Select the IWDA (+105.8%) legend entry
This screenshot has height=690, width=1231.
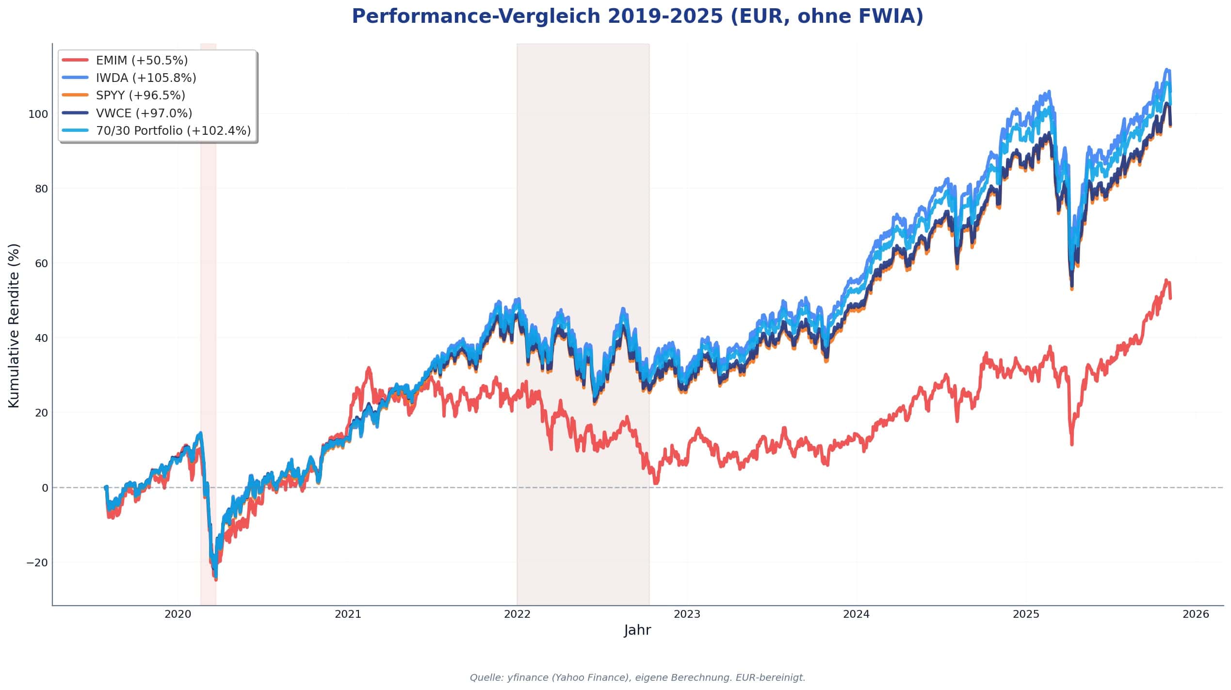tap(146, 78)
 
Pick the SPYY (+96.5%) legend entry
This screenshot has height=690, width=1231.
tap(140, 95)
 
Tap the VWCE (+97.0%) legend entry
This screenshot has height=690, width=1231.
tap(144, 113)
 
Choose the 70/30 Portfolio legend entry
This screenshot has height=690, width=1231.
tap(173, 130)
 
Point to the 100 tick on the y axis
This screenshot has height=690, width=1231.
tap(38, 114)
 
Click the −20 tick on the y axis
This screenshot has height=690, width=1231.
tap(37, 562)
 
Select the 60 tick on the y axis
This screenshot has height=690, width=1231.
tap(41, 263)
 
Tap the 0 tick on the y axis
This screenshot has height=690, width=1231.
tap(45, 488)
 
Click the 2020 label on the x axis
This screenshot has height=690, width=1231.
tap(178, 614)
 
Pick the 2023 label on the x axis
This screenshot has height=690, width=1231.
tap(687, 614)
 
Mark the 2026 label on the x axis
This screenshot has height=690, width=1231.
tap(1196, 614)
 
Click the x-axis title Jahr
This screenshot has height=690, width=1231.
tap(637, 630)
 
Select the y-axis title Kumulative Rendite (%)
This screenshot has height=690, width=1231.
tap(14, 325)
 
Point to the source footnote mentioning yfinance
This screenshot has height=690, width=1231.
tap(637, 677)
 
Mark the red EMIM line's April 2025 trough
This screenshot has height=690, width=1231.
tap(1072, 444)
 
